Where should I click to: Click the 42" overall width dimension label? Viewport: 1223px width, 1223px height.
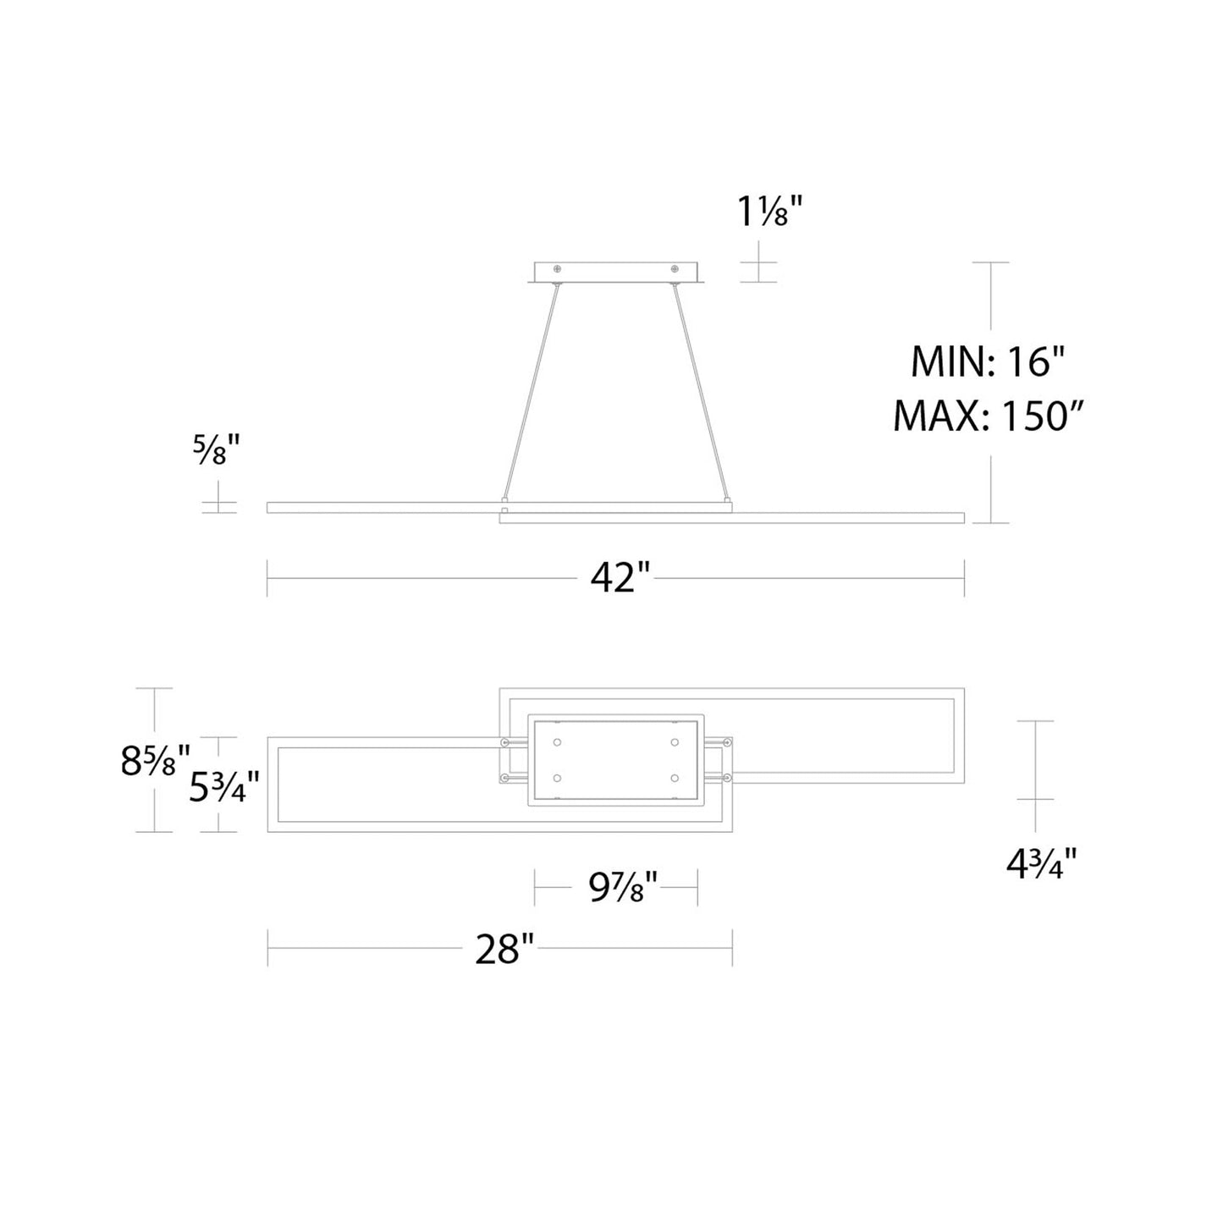[x=620, y=579]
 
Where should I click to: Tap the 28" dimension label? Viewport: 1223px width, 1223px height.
[x=504, y=949]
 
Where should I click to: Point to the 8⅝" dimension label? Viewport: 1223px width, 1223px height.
[x=155, y=761]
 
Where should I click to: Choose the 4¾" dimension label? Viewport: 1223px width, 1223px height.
[x=1041, y=864]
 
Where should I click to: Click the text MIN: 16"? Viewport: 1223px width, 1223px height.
[x=987, y=363]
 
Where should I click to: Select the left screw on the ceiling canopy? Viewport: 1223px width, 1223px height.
[x=558, y=269]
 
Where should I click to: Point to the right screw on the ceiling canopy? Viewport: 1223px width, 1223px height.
[x=675, y=269]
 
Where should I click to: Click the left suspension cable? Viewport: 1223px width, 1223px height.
[x=531, y=393]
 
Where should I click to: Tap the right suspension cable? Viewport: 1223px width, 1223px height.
[x=702, y=393]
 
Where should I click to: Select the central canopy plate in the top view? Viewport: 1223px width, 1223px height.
[x=616, y=760]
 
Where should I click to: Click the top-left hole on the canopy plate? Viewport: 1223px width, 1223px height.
[x=557, y=742]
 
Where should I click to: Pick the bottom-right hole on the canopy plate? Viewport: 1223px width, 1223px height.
[x=675, y=777]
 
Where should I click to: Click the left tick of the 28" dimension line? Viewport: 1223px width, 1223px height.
[x=267, y=948]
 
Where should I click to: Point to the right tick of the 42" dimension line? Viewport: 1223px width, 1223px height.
[x=964, y=579]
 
